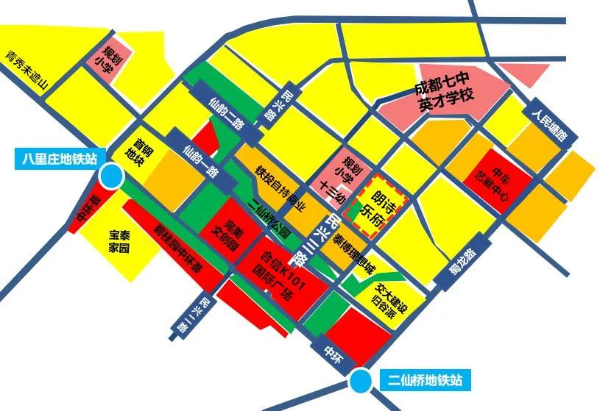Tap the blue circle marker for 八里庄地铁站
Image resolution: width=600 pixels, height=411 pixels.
(112, 176)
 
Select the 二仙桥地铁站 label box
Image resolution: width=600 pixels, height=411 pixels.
(426, 380)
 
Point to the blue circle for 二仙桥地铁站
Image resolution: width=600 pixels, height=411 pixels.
(360, 380)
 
